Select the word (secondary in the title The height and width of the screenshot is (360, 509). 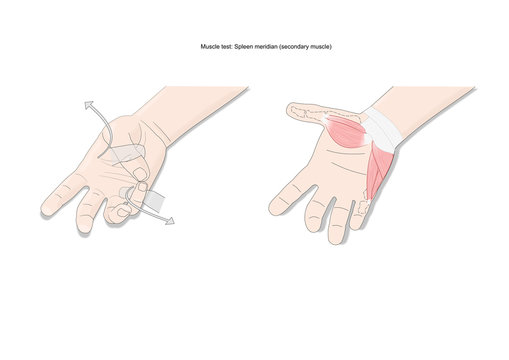tap(310, 47)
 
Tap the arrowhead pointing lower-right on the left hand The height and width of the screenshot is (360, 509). tap(169, 219)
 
